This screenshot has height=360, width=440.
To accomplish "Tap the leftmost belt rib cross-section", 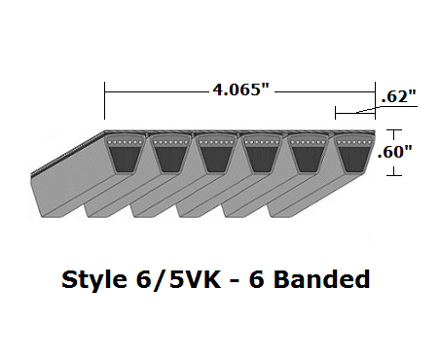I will pyautogui.click(x=125, y=155).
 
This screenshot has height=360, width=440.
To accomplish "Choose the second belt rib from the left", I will pyautogui.click(x=171, y=155).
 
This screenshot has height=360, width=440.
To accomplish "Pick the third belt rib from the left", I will pyautogui.click(x=216, y=155).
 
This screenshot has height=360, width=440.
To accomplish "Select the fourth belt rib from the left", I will pyautogui.click(x=262, y=155).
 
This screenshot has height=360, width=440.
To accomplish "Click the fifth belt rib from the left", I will pyautogui.click(x=308, y=155).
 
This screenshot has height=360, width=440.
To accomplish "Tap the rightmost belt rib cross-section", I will pyautogui.click(x=353, y=155).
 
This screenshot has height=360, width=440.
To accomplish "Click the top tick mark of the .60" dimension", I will pyautogui.click(x=392, y=130).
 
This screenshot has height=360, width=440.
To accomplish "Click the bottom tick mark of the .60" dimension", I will pyautogui.click(x=392, y=175).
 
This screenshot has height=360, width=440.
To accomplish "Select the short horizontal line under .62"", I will pyautogui.click(x=354, y=113).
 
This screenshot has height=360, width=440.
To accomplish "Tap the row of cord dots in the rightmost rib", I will pyautogui.click(x=353, y=145).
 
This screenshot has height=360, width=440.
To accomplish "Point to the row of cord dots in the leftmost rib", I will pyautogui.click(x=125, y=145).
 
